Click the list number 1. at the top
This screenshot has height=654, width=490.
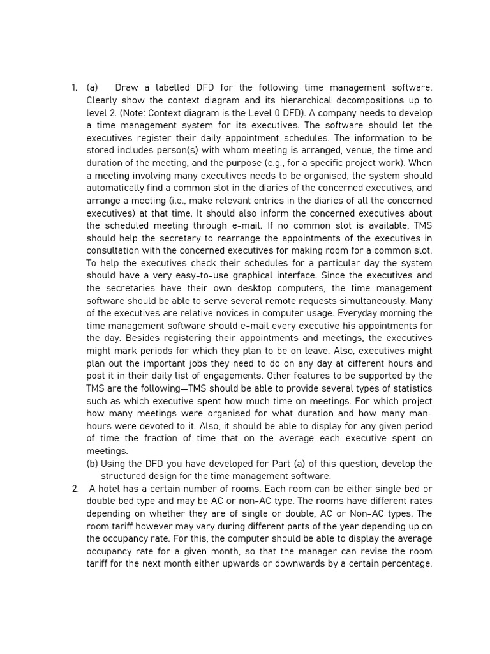click(74, 88)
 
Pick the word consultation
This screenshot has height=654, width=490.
click(114, 251)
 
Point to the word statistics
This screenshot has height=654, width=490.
click(409, 388)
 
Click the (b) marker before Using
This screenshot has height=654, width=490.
click(93, 464)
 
